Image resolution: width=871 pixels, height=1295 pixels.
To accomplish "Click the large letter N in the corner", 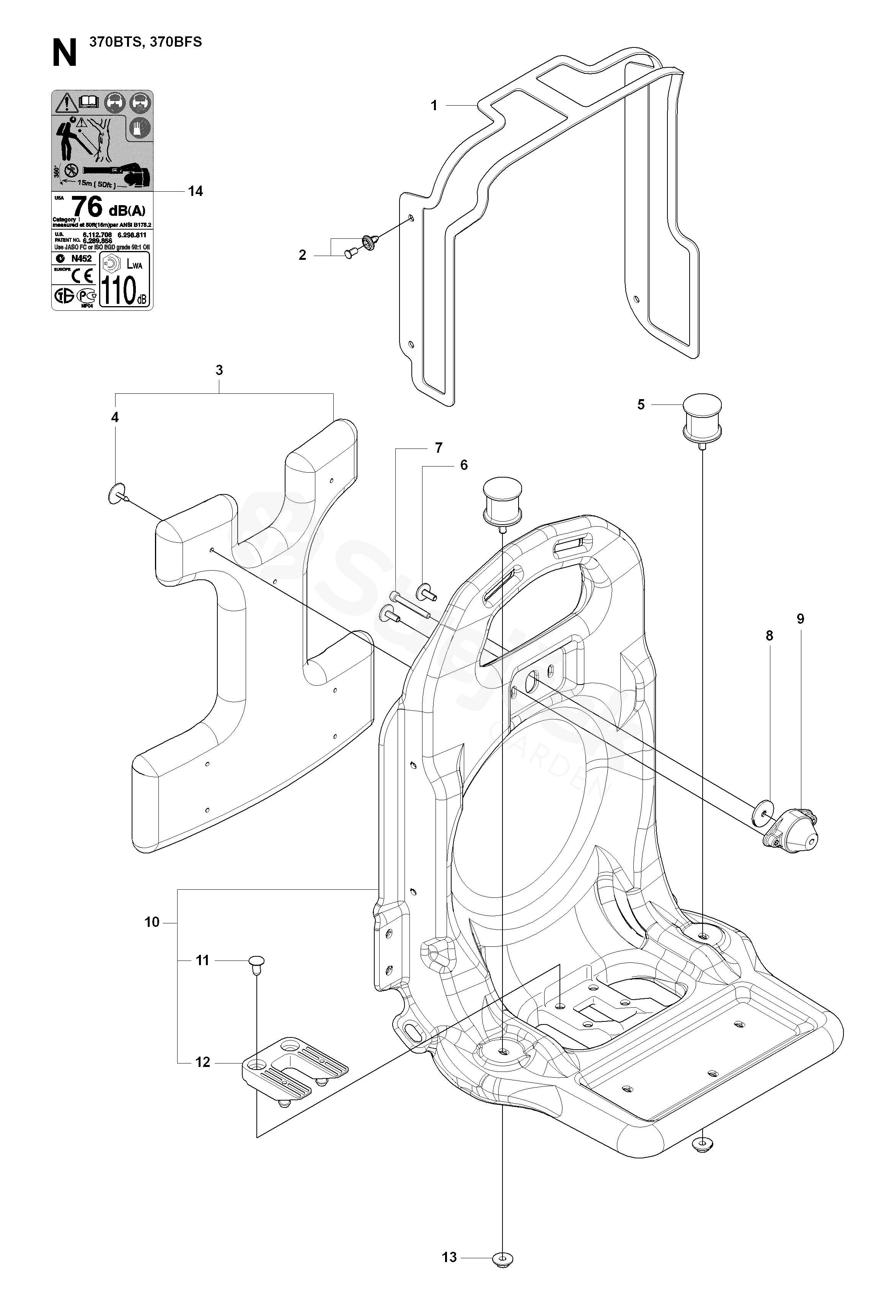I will pos(64,54).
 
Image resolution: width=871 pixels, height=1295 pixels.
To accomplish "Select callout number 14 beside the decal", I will pos(196,191).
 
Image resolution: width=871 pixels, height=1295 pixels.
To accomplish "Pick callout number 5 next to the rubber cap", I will pos(641,404).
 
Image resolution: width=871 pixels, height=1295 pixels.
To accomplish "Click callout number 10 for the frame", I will pos(152,922).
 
